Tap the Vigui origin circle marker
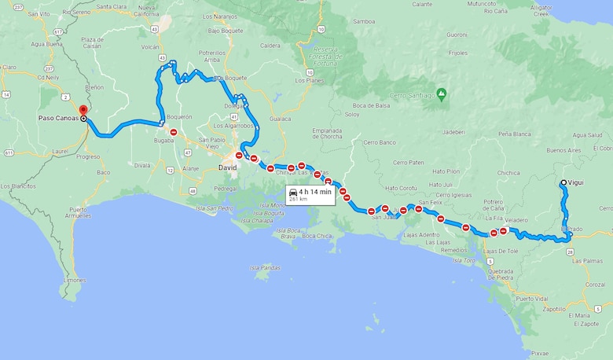pyautogui.click(x=563, y=183)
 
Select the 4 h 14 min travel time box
pyautogui.click(x=310, y=194)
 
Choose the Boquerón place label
pyautogui.click(x=180, y=117)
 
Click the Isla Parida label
pyautogui.click(x=266, y=267)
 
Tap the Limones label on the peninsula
pyautogui.click(x=75, y=280)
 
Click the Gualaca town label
pyautogui.click(x=281, y=119)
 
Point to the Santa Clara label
pyautogui.click(x=111, y=6)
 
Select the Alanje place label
pyautogui.click(x=190, y=167)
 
